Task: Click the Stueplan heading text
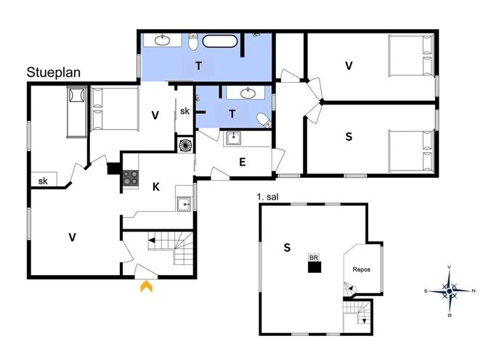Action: pos(54,73)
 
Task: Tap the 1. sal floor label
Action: pos(267,197)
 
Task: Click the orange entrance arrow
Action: pos(147,286)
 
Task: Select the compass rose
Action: pos(449,290)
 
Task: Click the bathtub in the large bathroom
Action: pos(220,41)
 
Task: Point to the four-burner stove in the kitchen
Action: pos(131,178)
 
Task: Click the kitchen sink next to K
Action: pos(184,204)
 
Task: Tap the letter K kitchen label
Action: pos(156,187)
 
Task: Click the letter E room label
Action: pos(242,162)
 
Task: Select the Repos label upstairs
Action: pos(361,269)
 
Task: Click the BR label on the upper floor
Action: pos(314,257)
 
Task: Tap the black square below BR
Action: pos(315,267)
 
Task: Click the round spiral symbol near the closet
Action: pos(185,145)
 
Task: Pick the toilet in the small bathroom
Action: pos(264,120)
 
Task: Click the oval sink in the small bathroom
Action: pos(248,93)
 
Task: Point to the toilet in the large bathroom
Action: pos(193,41)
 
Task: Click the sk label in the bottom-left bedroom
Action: pos(43,181)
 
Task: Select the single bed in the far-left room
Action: pos(77,112)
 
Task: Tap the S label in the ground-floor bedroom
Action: pos(349,136)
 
